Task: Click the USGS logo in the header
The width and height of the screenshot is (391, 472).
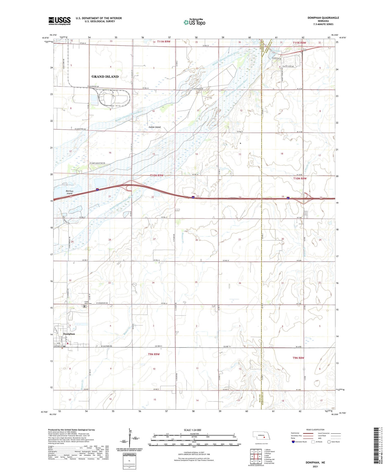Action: [59, 21]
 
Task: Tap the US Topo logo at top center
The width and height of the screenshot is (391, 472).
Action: [194, 22]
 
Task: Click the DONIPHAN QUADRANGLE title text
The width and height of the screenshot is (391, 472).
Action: [323, 18]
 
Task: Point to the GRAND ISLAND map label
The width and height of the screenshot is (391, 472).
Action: [105, 77]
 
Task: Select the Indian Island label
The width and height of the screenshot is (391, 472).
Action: [155, 127]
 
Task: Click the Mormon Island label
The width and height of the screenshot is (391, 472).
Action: [69, 192]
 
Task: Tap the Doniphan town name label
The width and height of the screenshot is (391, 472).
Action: [69, 334]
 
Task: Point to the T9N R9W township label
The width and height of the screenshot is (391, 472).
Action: [154, 354]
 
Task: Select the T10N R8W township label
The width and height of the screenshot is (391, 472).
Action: [300, 178]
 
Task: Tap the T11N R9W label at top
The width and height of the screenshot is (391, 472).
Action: [163, 42]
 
